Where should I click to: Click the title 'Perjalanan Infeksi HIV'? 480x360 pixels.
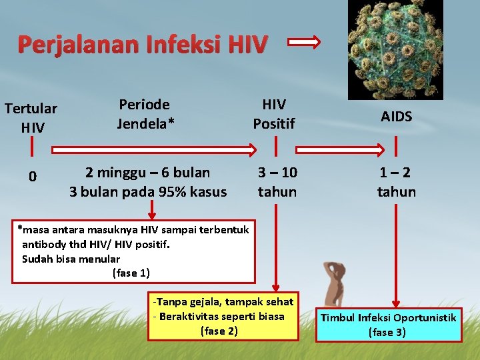coord(142,44)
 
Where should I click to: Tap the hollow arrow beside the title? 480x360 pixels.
coord(303,43)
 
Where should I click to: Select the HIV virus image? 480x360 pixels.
coord(395,49)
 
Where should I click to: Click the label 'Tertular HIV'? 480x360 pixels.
coord(32,117)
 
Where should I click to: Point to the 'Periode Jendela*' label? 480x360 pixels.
coord(144,113)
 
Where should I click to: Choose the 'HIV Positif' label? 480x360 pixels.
coord(274,113)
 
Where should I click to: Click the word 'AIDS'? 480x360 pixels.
coord(397,116)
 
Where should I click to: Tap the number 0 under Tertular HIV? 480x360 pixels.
coord(32,177)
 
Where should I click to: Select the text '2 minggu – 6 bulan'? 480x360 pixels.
coord(147,173)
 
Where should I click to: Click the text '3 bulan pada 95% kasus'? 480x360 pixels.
coord(148,192)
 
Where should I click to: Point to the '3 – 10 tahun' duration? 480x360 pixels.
coord(277,182)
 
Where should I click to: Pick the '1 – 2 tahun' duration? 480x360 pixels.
coord(397,182)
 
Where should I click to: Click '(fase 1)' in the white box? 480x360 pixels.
coord(131,273)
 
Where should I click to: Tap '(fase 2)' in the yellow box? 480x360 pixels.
coord(219,330)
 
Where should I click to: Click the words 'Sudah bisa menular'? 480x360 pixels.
coord(71,259)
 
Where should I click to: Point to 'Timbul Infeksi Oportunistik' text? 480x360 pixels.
coord(388,317)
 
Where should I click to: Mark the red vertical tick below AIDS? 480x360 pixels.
coord(396,145)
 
